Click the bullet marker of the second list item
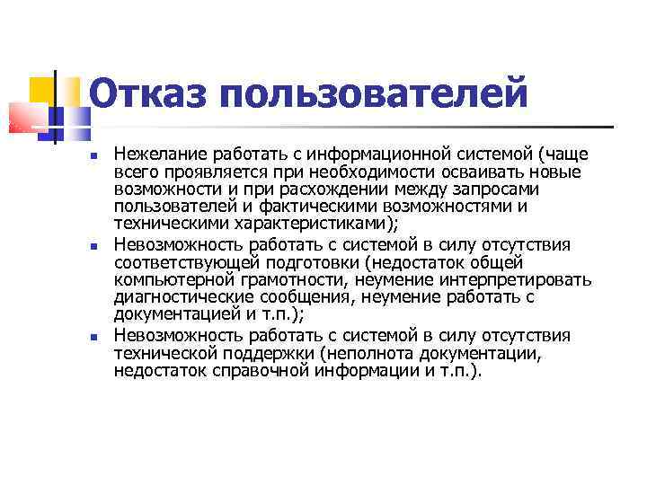coord(95,245)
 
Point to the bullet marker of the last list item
coord(95,336)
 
